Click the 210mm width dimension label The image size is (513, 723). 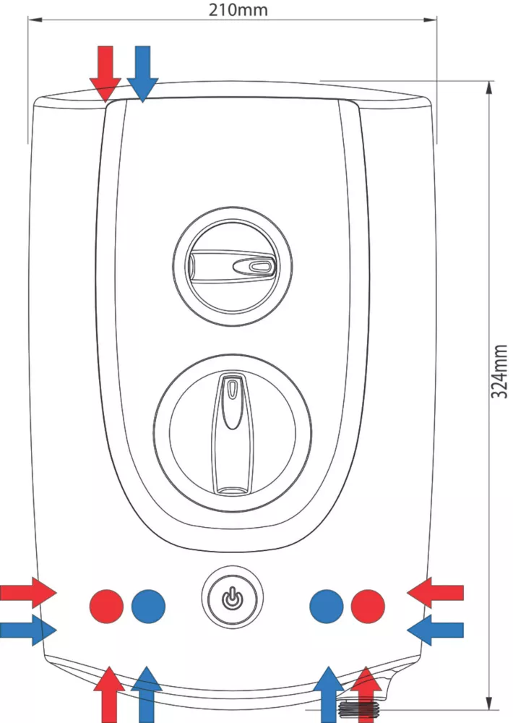click(238, 9)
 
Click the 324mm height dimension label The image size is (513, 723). click(499, 371)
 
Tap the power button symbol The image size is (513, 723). click(233, 598)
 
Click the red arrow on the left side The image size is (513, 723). click(28, 593)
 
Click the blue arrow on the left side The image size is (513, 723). click(28, 630)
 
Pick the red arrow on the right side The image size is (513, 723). click(435, 593)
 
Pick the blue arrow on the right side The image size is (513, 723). click(435, 630)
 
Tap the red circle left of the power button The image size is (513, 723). click(106, 606)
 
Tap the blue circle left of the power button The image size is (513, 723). click(148, 606)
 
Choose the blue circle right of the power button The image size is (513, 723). click(327, 606)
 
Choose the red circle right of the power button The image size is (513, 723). click(368, 606)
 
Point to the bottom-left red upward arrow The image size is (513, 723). click(109, 694)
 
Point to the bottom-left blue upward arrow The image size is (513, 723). click(147, 694)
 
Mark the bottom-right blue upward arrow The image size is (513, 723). click(329, 694)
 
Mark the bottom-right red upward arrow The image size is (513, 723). click(366, 694)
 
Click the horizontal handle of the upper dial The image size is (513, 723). click(232, 265)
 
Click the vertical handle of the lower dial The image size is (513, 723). click(233, 433)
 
